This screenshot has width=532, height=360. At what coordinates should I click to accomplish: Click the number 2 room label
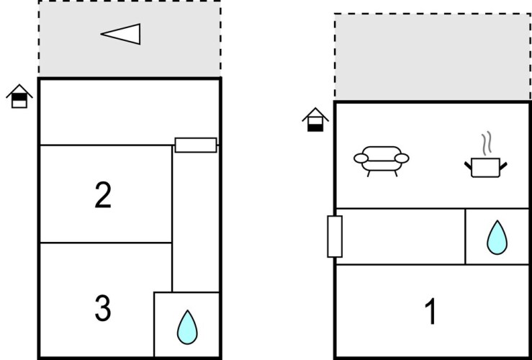tap(103, 194)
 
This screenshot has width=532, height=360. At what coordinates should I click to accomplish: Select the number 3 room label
tap(103, 308)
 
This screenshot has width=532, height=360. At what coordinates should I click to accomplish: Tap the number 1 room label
tap(430, 312)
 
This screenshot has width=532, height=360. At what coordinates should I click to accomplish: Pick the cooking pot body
tap(485, 167)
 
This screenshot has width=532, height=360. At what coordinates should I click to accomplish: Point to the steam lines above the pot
tap(487, 143)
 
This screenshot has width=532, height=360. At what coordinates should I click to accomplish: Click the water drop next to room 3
tap(187, 327)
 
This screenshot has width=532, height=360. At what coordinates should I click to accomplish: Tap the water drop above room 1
tap(497, 238)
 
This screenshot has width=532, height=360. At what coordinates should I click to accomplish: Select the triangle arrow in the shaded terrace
tap(121, 34)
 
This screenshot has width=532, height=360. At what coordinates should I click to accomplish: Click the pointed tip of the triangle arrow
tap(101, 34)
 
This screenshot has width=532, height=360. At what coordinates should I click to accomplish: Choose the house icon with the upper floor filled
tap(19, 96)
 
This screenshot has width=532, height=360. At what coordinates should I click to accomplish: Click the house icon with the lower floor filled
tap(315, 120)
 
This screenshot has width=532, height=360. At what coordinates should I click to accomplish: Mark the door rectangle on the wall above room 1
tap(335, 236)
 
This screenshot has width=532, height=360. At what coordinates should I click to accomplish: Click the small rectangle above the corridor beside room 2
tap(196, 145)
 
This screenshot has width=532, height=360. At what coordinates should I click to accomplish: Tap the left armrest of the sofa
tap(361, 158)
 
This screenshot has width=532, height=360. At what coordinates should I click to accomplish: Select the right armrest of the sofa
tap(402, 158)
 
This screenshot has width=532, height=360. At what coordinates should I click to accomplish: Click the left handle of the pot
tap(468, 166)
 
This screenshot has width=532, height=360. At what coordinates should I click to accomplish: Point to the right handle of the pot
tap(503, 166)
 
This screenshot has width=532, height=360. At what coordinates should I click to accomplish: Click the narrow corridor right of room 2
tap(195, 220)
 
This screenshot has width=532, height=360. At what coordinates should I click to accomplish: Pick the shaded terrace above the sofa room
tap(432, 57)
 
